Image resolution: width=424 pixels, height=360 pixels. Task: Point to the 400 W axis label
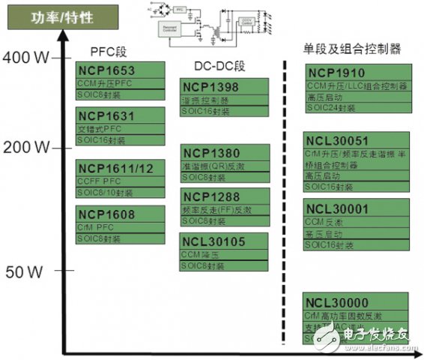[x=25, y=56]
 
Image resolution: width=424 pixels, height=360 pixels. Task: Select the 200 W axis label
[x=25, y=148]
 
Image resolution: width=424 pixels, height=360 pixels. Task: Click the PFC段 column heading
[x=109, y=53]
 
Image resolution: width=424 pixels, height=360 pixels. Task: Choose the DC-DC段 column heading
[x=216, y=66]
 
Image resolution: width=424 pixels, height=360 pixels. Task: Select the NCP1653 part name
[x=106, y=70]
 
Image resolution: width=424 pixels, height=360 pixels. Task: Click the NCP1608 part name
[x=106, y=214]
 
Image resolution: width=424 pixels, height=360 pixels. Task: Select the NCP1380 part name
[x=211, y=154]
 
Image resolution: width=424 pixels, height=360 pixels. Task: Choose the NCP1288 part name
[x=211, y=198]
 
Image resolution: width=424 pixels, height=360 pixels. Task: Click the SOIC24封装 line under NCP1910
[x=332, y=108]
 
